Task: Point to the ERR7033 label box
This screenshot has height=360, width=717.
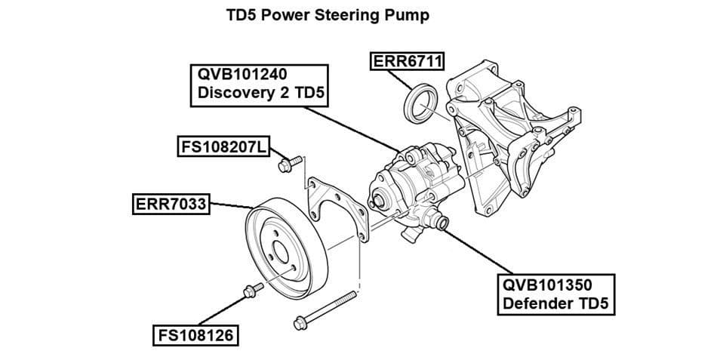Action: (x=170, y=204)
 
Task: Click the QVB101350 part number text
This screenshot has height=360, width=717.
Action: (x=547, y=286)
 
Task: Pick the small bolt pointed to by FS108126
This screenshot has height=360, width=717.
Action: (x=251, y=290)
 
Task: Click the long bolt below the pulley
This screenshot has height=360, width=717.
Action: (x=325, y=310)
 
